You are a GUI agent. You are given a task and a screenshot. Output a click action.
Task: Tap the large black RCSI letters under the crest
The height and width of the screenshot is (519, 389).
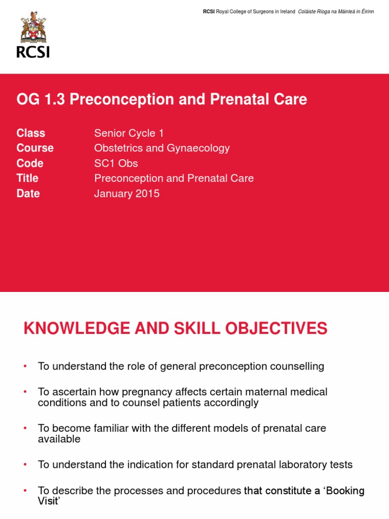coord(33,52)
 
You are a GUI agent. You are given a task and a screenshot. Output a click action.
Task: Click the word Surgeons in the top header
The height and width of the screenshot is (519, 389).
coord(263,12)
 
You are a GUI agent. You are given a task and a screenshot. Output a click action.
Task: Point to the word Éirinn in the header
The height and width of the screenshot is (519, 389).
coord(368,12)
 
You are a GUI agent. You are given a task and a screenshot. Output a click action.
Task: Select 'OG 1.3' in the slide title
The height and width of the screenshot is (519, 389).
coord(41,99)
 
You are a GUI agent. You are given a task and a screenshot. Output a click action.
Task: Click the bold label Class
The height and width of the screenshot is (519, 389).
coord(31,133)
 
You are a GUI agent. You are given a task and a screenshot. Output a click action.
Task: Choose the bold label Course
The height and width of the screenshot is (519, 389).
coord(35,148)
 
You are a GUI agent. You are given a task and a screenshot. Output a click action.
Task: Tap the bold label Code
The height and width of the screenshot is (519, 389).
coord(30,163)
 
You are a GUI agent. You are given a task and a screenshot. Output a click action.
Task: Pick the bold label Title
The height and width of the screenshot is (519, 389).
coord(27,178)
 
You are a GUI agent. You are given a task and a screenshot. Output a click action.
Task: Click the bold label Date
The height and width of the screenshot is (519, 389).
coord(28,193)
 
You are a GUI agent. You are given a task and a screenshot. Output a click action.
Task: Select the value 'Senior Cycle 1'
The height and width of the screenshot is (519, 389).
coord(129,133)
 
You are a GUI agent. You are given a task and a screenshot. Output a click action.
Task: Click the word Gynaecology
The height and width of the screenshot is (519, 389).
coord(198,149)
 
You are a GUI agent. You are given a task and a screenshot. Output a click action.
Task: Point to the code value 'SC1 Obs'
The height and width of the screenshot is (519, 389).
coord(116,163)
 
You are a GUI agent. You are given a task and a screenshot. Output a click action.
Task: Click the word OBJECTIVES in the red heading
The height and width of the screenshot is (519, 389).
coord(276,328)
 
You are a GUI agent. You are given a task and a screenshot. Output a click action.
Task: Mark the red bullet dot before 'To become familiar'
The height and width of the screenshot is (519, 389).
coord(25,428)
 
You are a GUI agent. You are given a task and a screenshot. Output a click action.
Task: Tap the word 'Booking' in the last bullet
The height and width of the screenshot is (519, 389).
coord(345,491)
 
